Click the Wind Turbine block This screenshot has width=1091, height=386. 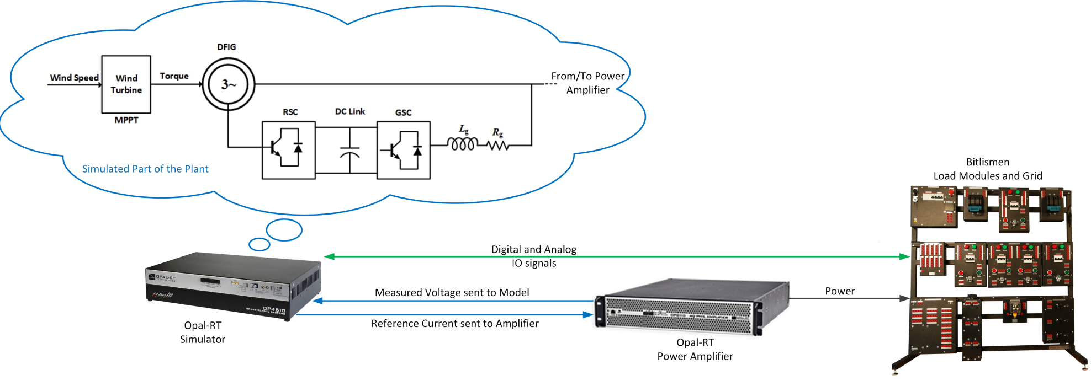pos(126,84)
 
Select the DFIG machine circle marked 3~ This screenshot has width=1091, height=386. pos(229,84)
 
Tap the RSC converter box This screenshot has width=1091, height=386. pos(288,150)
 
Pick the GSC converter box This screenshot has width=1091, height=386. pos(404,150)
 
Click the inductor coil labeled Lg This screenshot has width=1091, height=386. pos(463,144)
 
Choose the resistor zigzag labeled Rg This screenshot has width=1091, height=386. pos(497,146)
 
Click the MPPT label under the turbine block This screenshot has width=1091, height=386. pos(126,120)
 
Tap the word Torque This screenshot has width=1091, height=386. pos(174,76)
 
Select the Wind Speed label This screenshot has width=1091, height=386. pos(74,78)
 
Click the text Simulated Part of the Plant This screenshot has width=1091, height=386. pos(145,169)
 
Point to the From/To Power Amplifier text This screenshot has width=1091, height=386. pos(587,83)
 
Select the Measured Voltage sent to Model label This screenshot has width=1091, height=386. pos(452,293)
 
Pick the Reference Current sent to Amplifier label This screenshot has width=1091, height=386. pos(454,324)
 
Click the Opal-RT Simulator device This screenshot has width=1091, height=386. pos(232,285)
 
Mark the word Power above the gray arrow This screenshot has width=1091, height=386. pos(839,291)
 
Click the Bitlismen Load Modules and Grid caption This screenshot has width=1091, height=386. pos(987,169)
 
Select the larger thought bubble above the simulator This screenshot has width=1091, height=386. pos(284,230)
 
